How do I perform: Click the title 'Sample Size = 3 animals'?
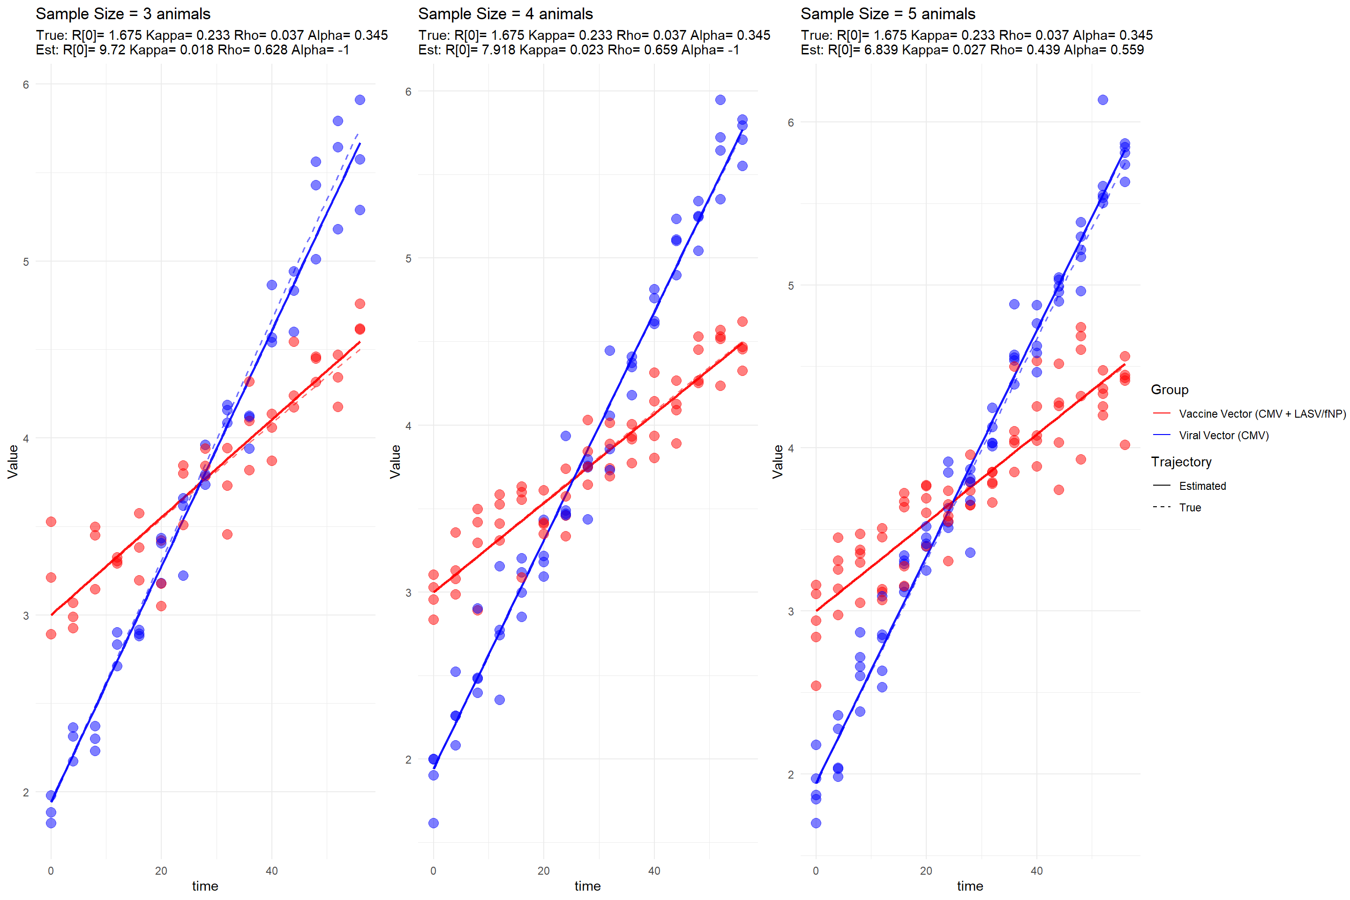click(123, 14)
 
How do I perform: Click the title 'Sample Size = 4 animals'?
click(505, 14)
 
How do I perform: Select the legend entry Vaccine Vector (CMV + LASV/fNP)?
click(1261, 414)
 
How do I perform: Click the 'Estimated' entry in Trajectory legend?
click(1202, 486)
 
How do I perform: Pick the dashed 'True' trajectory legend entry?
click(1189, 507)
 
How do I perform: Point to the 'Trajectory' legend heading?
click(1181, 462)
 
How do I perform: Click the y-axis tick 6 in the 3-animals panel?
click(26, 85)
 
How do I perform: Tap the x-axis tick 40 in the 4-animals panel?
click(654, 871)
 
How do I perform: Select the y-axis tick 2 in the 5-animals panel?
click(790, 774)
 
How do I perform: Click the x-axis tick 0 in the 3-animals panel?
click(51, 871)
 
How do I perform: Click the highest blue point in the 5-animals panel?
click(1102, 100)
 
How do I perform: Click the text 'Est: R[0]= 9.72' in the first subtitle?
click(80, 50)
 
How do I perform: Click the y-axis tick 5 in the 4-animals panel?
click(408, 259)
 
